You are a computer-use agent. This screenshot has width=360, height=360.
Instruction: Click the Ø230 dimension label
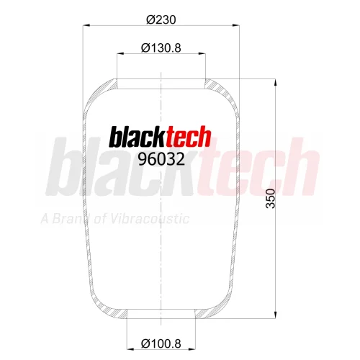click(x=161, y=19)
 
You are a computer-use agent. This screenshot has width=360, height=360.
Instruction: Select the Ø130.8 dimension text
click(x=161, y=48)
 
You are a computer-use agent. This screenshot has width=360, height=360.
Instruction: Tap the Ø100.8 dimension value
click(x=161, y=343)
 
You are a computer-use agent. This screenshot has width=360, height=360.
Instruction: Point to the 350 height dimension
click(x=271, y=199)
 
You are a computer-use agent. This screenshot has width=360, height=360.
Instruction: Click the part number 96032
click(x=161, y=159)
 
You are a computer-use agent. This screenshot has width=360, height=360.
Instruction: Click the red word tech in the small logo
click(x=189, y=136)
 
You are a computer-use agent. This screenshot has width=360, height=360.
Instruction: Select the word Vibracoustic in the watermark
click(x=150, y=219)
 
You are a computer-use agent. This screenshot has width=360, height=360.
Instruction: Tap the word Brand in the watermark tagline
click(x=71, y=218)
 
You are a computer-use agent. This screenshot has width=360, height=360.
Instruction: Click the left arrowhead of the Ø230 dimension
click(x=86, y=25)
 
